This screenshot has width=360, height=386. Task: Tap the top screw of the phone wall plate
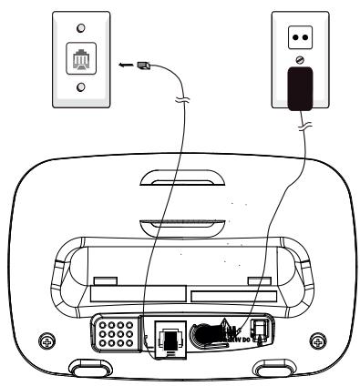pos(77,28)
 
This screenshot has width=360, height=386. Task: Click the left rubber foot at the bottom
pos(90,371)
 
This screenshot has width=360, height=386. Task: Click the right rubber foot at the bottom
pos(271,371)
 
